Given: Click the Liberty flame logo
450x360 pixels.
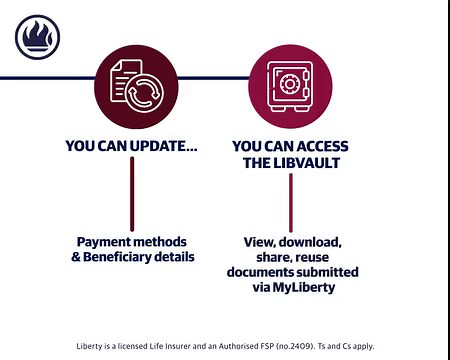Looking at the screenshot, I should coord(37,39).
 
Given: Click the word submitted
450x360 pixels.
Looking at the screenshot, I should coord(326,272).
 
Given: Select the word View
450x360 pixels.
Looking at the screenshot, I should coord(260,242).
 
